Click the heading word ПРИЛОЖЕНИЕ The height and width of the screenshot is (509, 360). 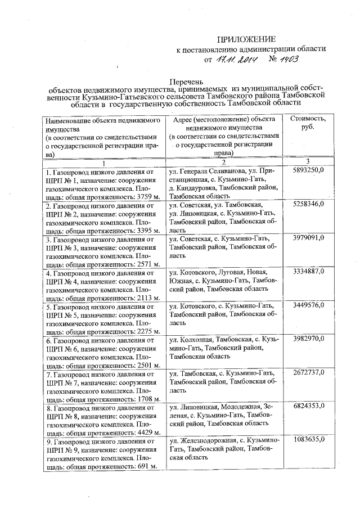[x=247, y=39]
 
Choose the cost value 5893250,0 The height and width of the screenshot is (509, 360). [x=308, y=170]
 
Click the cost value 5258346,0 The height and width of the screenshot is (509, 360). [x=308, y=204]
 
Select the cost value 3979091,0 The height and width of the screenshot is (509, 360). [x=308, y=238]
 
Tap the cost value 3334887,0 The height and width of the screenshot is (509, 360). [x=308, y=272]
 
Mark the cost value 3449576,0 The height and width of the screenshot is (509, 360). [x=308, y=305]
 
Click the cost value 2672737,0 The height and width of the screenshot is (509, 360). [x=308, y=373]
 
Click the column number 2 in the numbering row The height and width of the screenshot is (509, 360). [x=223, y=162]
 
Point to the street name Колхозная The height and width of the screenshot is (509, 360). [x=196, y=340]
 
